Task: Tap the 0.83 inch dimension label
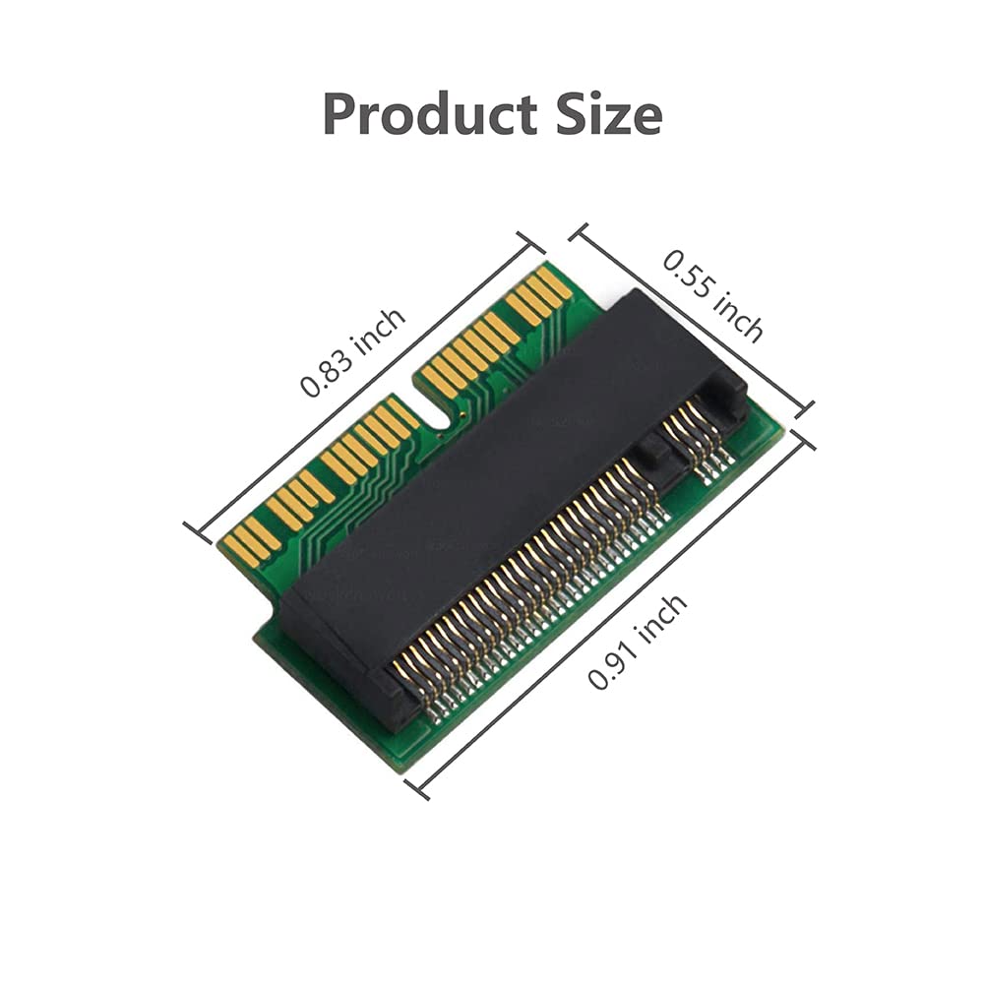click(x=352, y=351)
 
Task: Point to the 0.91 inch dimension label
click(x=638, y=642)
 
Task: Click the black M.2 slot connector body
click(x=492, y=472)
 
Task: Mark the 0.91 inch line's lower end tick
click(x=417, y=786)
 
